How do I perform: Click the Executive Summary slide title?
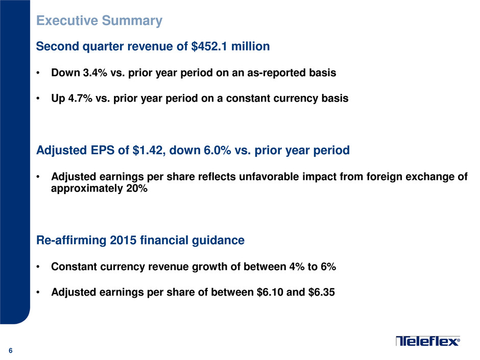coord(99,21)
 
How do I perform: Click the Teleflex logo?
coord(427,341)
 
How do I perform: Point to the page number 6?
coord(10,351)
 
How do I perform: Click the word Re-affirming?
coord(71,241)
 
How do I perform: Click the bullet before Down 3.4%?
coord(38,73)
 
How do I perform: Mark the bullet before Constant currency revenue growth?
coord(38,267)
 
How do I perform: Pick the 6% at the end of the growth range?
coord(328,267)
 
